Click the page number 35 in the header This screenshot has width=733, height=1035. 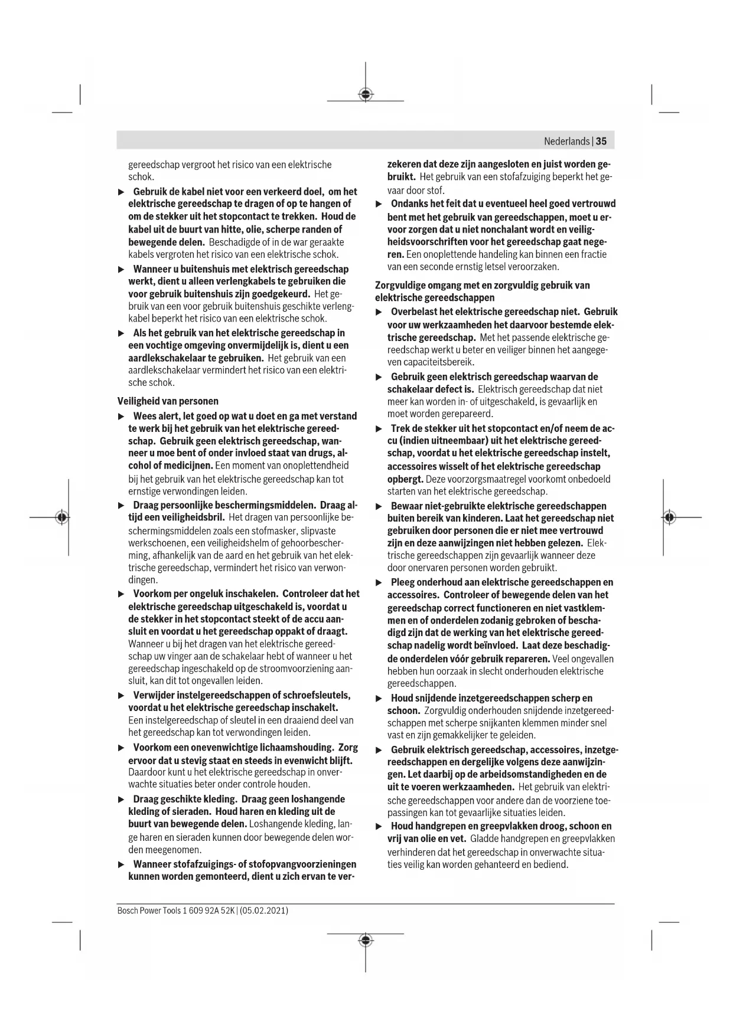click(601, 141)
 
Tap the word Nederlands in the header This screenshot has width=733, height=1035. click(566, 141)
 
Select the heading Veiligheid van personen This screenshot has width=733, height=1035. click(168, 401)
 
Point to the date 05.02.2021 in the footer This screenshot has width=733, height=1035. click(265, 910)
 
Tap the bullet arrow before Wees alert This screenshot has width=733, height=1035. click(121, 417)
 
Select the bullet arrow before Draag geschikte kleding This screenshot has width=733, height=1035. click(121, 800)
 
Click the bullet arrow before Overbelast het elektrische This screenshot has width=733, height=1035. click(379, 312)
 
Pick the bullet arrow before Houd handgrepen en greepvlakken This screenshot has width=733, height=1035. click(379, 827)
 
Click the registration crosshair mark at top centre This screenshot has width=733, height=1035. click(366, 94)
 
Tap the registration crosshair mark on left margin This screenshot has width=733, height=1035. click(61, 517)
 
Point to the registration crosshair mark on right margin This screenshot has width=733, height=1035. click(669, 517)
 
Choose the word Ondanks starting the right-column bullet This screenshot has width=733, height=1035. click(409, 204)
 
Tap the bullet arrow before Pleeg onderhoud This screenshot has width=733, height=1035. click(379, 583)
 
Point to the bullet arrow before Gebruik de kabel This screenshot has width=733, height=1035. click(121, 192)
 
